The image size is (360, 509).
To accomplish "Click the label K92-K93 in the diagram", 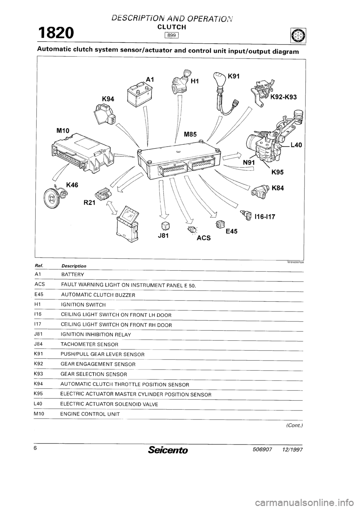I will (x=283, y=97).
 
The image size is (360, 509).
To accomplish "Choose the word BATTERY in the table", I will (x=73, y=275).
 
